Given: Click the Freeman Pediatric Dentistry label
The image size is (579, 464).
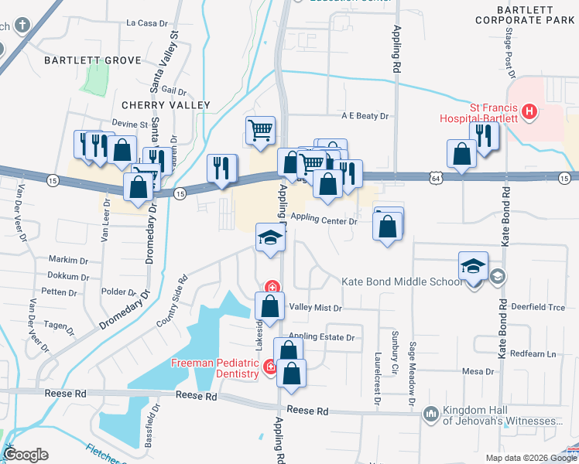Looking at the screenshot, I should tap(214, 369).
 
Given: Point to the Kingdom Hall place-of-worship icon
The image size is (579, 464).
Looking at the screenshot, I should tap(430, 415).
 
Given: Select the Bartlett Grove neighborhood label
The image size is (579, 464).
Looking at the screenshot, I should tap(93, 60).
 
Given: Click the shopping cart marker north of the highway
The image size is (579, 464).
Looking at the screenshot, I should tap(260, 129).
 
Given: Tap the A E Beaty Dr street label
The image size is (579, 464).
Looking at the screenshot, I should tap(365, 116).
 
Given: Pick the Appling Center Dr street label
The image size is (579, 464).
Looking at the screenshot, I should tap(324, 220).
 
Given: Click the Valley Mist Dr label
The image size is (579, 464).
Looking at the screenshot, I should tap(315, 308).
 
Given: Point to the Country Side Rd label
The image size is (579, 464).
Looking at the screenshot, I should tap(172, 302).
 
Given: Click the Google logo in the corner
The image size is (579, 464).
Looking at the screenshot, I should tap(26, 455).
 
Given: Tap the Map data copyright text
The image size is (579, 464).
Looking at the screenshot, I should tap(530, 458).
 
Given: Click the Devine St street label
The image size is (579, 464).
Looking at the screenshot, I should tap(129, 124).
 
